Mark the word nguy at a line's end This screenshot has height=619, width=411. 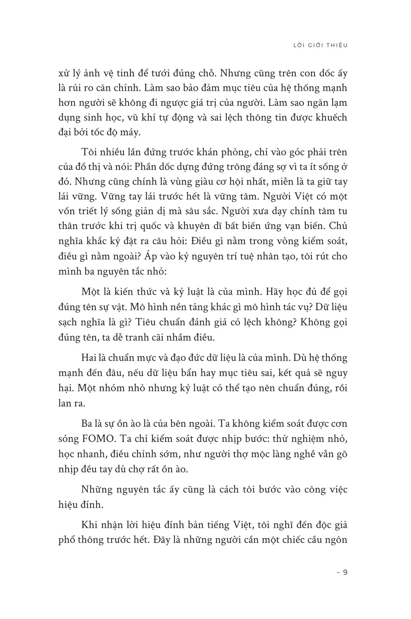[x=337, y=373]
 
